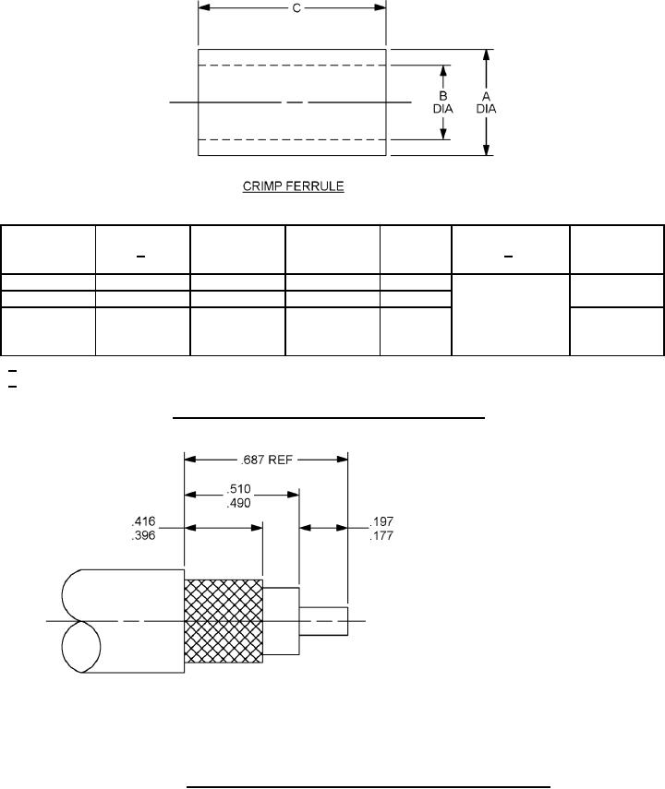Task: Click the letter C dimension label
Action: coord(296,8)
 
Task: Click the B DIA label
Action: coord(442,102)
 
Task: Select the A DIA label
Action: coord(486,102)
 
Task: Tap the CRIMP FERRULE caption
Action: coord(293,186)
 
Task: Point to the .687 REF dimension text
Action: coord(267,460)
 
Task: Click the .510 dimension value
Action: coord(238,489)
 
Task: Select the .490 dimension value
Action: coord(238,503)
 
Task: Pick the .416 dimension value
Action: coord(143,521)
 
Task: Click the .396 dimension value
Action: coord(143,535)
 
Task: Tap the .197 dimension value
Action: coord(381,521)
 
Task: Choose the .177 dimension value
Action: coord(381,536)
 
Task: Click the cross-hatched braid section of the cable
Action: coord(224,621)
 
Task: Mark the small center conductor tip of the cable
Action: coord(323,621)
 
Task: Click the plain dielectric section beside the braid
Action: coord(281,621)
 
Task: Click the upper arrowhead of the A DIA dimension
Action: coord(486,55)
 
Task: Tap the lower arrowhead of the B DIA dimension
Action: coord(443,133)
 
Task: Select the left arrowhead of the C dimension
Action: coord(204,7)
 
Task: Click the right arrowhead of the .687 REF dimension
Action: coord(342,460)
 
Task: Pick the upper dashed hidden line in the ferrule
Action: coord(292,66)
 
